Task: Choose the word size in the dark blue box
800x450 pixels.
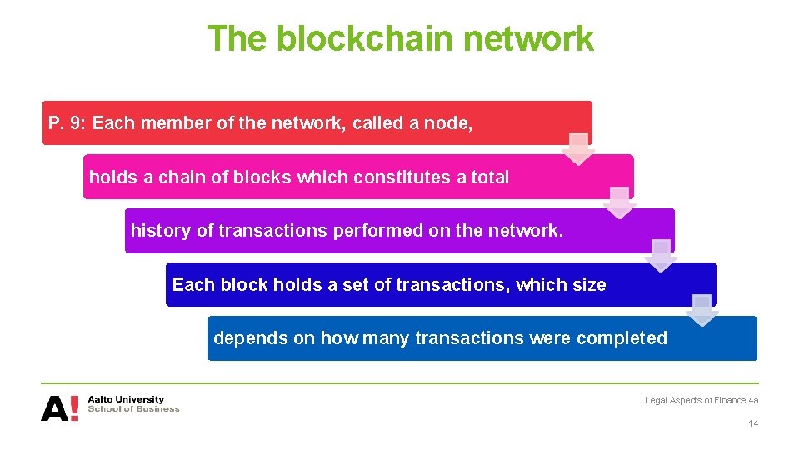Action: click(x=589, y=284)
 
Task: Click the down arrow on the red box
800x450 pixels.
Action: click(x=578, y=148)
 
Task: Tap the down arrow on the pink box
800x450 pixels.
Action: click(x=619, y=202)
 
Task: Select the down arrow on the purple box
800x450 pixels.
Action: click(x=661, y=256)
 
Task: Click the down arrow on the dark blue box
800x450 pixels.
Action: click(x=702, y=310)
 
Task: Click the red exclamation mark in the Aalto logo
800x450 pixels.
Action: click(x=73, y=408)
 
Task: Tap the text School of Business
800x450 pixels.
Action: click(x=133, y=409)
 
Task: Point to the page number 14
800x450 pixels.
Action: click(x=753, y=424)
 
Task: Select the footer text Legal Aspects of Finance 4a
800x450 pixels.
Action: click(x=702, y=401)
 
